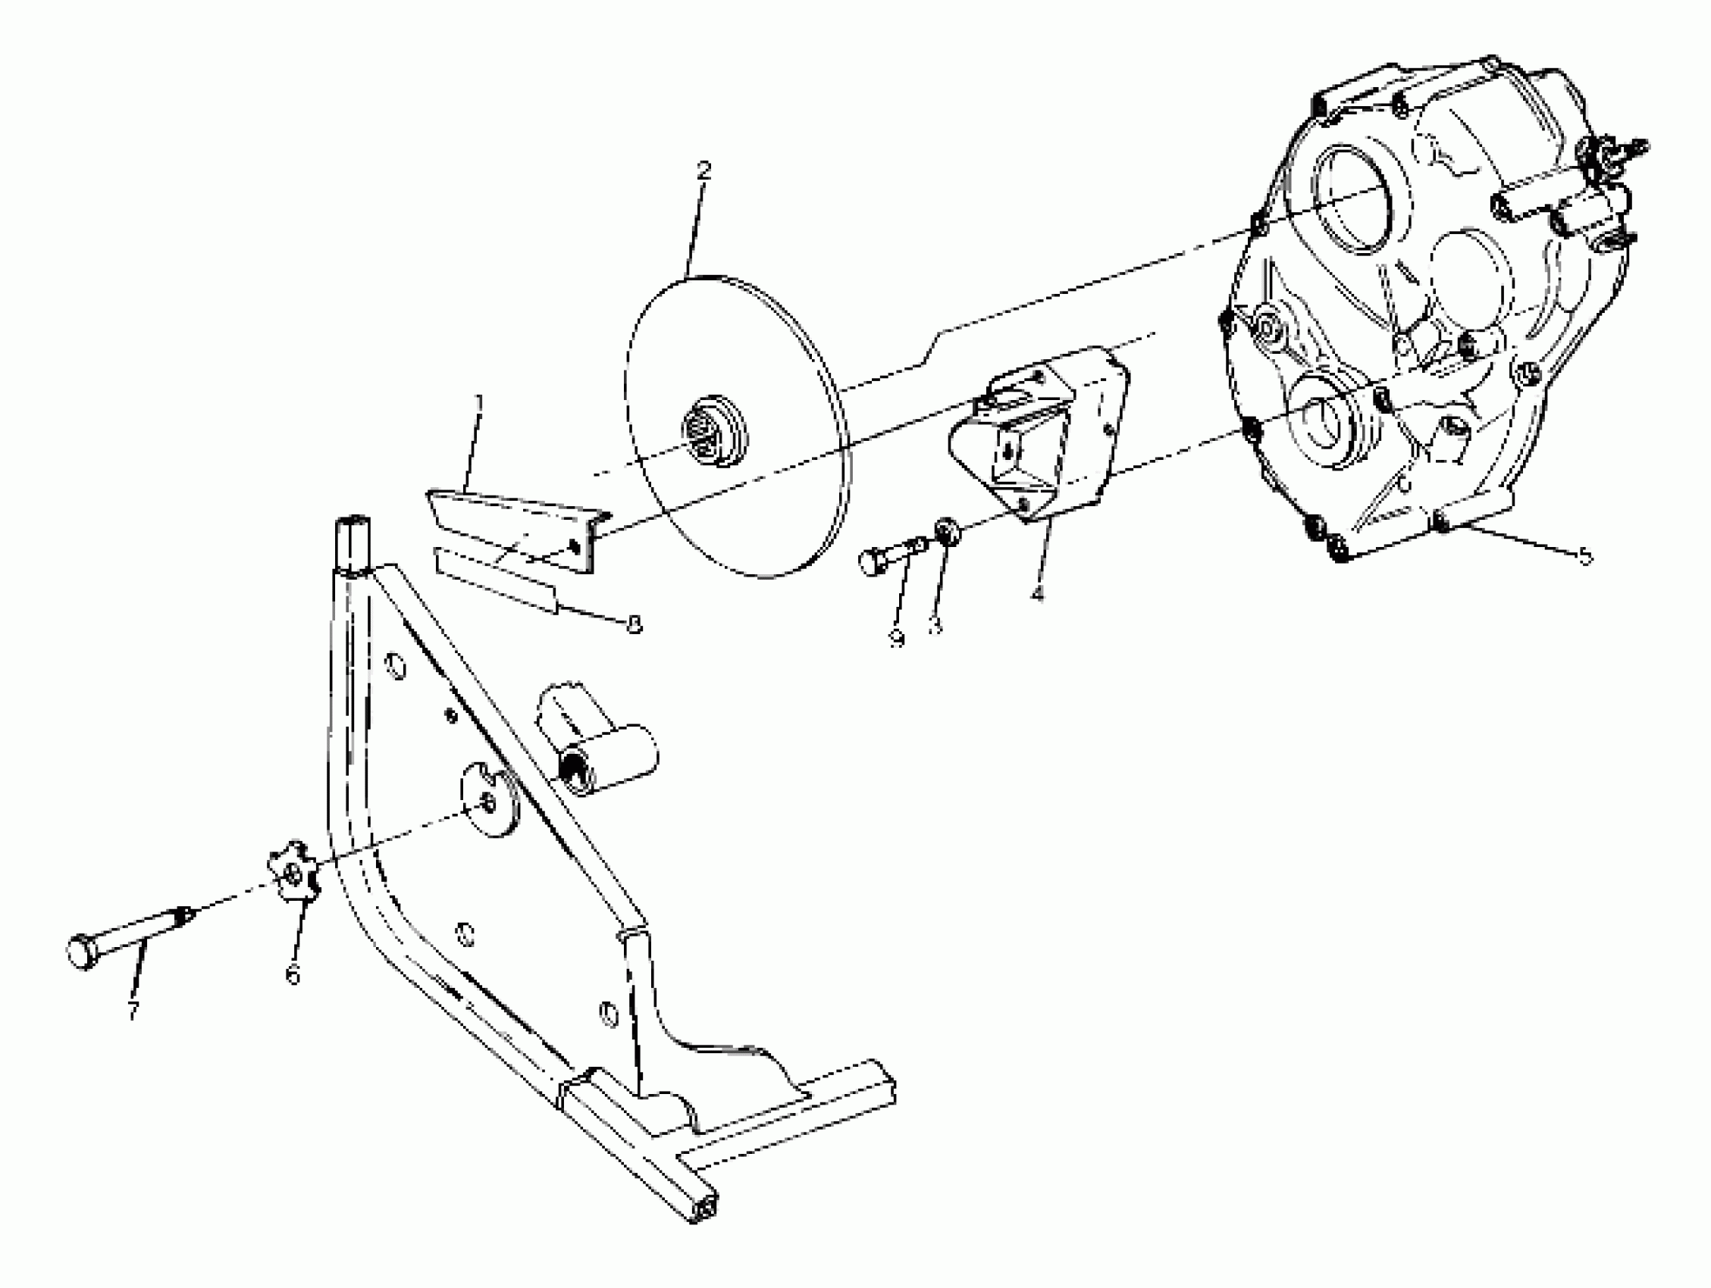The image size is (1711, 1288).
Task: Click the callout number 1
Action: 479,402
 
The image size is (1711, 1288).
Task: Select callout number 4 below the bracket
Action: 1036,593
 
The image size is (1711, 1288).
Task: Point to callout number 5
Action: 1585,556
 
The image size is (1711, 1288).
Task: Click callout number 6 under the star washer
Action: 293,977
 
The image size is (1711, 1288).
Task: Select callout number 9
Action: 898,638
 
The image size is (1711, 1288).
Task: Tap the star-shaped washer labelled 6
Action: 293,874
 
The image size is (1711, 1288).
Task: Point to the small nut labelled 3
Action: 947,532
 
